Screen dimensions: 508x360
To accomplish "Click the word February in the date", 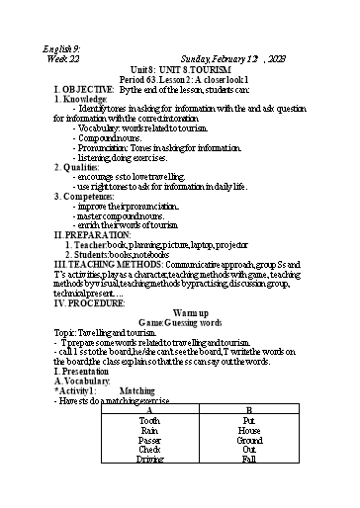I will (222, 59).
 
